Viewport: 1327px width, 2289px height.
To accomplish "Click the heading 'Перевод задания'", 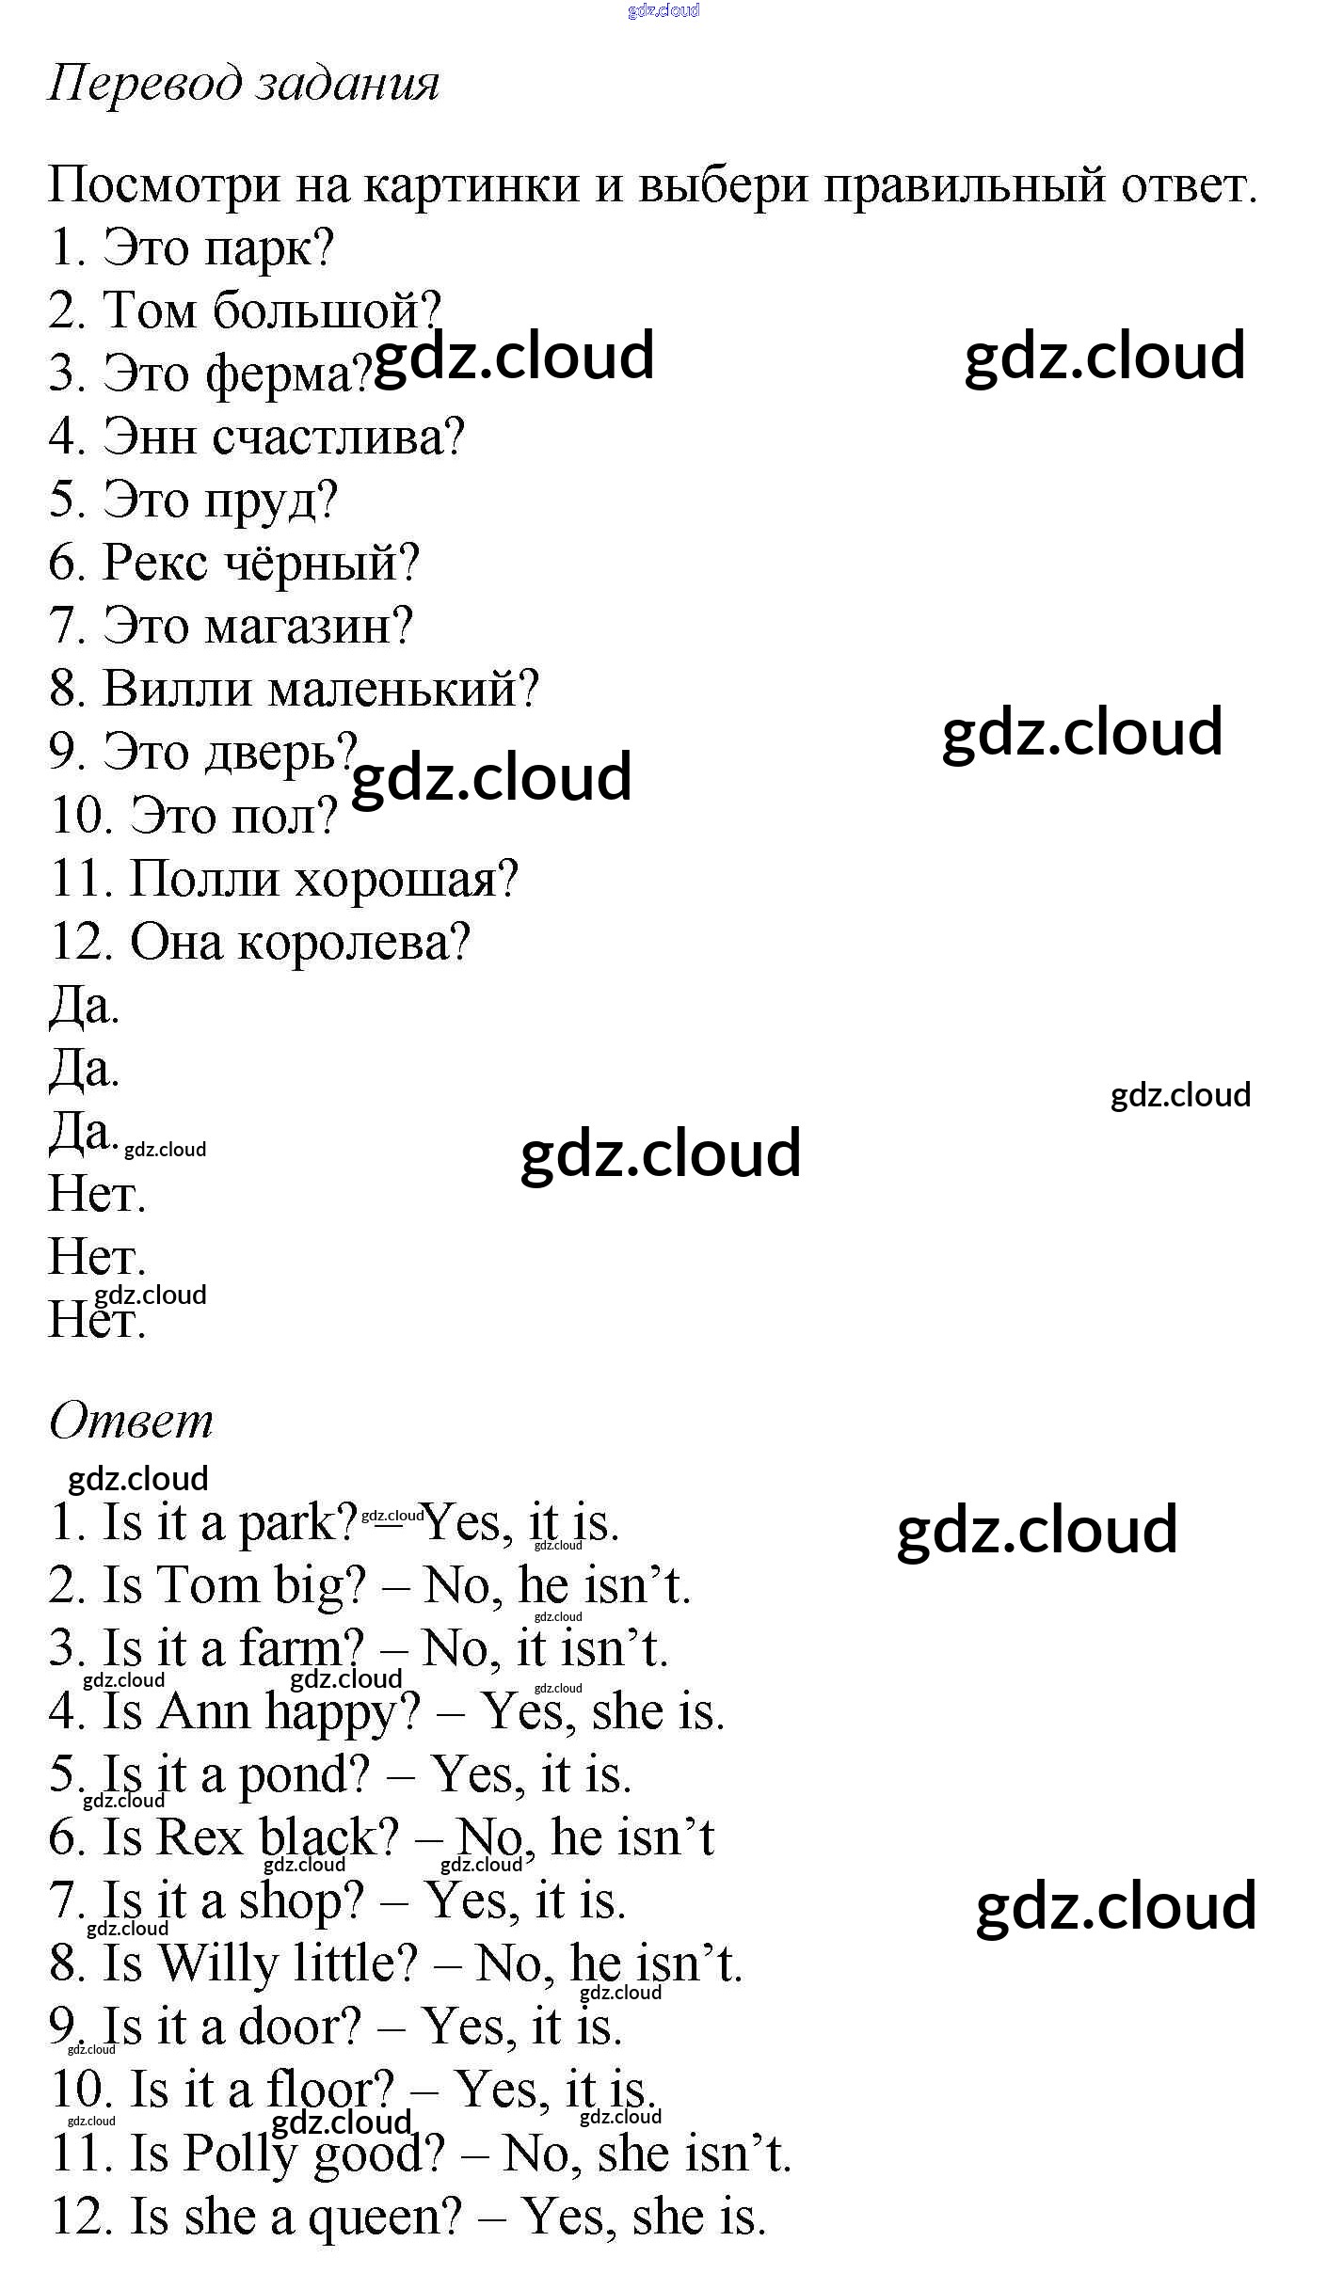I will pos(244,85).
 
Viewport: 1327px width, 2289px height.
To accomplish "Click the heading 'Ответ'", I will pos(131,1421).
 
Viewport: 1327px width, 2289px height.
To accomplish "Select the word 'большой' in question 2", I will pos(326,310).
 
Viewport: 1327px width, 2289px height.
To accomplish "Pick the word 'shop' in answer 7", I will pos(300,1900).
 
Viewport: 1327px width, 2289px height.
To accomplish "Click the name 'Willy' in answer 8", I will pos(217,1963).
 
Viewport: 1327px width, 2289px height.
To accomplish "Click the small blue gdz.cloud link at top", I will pos(663,10).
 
